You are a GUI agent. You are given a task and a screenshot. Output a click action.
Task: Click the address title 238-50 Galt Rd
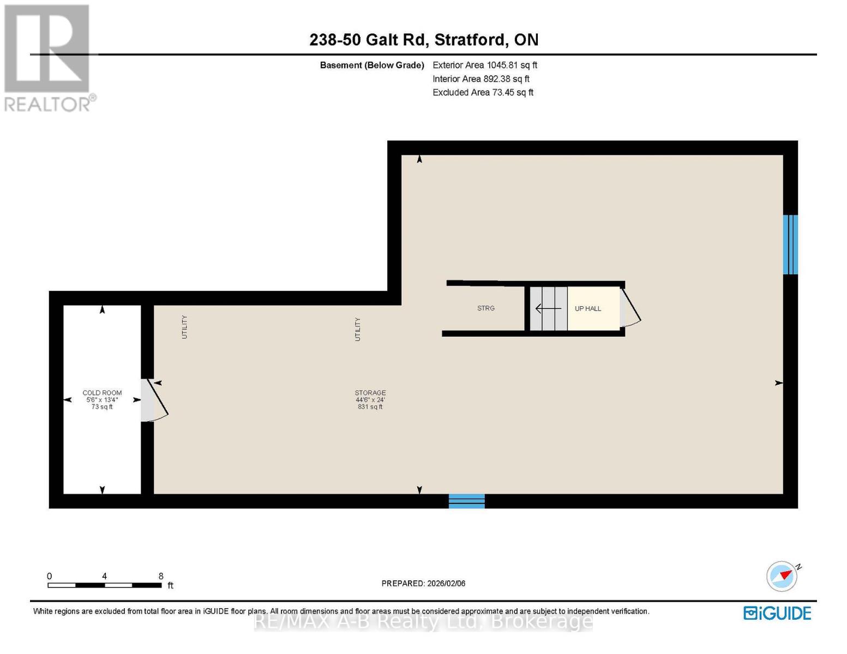click(x=424, y=40)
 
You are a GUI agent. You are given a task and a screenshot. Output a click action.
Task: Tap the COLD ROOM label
click(x=102, y=393)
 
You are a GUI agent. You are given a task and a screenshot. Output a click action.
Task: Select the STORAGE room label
click(x=370, y=393)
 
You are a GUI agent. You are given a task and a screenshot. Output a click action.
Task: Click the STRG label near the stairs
click(x=485, y=308)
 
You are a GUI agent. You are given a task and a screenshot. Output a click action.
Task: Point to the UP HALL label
click(x=587, y=308)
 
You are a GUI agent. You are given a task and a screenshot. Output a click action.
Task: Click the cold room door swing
click(x=155, y=401)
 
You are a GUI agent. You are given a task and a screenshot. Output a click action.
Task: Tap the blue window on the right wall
click(x=790, y=245)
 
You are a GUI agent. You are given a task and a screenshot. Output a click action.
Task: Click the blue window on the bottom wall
click(x=466, y=501)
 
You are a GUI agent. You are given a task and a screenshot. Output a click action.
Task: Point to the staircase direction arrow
click(x=548, y=309)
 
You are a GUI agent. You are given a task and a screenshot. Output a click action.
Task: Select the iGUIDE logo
click(x=777, y=613)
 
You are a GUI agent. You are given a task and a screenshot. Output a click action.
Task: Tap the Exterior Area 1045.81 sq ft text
click(x=484, y=65)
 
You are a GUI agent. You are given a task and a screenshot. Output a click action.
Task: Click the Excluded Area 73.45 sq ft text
click(x=483, y=92)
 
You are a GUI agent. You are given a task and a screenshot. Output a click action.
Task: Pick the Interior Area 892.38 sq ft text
click(x=480, y=78)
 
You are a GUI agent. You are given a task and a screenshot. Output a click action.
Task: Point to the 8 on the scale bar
click(x=161, y=576)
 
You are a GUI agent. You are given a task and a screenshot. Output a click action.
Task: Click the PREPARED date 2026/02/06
click(x=423, y=583)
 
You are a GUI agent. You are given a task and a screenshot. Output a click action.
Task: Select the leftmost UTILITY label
click(x=184, y=327)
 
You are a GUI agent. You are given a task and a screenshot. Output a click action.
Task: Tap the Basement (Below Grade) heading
click(x=371, y=65)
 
